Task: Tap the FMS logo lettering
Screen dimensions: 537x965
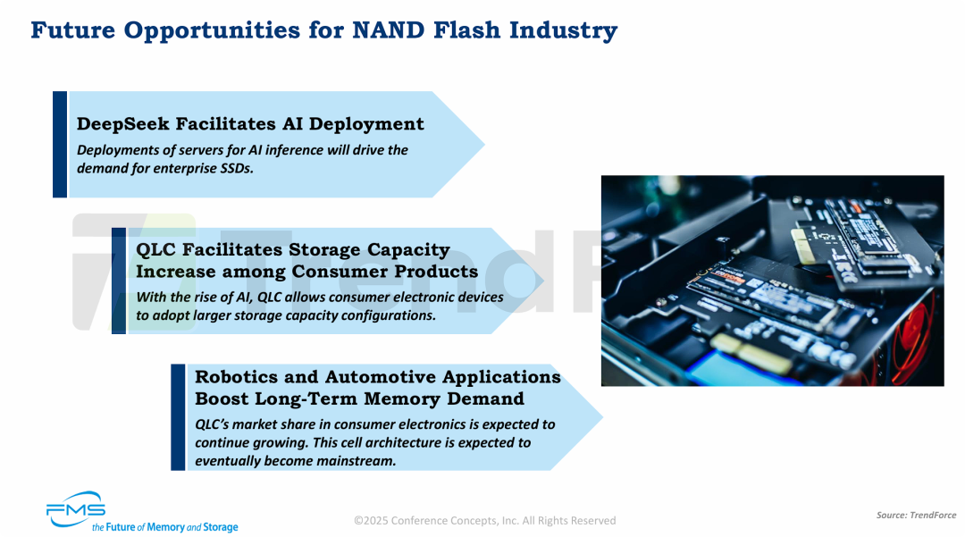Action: [76, 508]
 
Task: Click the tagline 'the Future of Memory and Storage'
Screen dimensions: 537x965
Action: [164, 527]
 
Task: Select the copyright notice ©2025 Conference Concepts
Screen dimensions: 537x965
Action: [484, 520]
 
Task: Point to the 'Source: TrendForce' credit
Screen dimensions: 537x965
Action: [916, 516]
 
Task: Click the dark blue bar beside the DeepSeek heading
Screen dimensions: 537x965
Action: [60, 144]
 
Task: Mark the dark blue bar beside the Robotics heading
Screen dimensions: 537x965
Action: [178, 417]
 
